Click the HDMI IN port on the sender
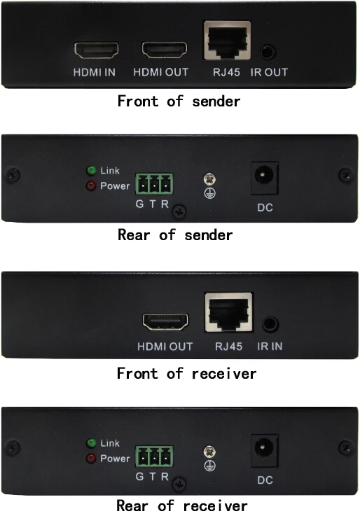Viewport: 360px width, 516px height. [x=96, y=50]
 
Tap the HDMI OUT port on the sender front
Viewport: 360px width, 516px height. [x=165, y=50]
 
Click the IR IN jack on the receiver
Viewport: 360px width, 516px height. [x=269, y=324]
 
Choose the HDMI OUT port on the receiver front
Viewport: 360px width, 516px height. [x=166, y=322]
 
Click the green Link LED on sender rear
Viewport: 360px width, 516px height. [x=91, y=170]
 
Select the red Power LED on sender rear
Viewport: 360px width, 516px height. [x=91, y=186]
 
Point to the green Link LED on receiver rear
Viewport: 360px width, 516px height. [x=91, y=443]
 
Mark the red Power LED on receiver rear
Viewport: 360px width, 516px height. [x=91, y=459]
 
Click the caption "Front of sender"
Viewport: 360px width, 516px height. [x=179, y=101]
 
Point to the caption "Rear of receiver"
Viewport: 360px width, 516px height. [x=181, y=505]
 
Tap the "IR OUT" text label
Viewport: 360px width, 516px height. [x=269, y=72]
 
